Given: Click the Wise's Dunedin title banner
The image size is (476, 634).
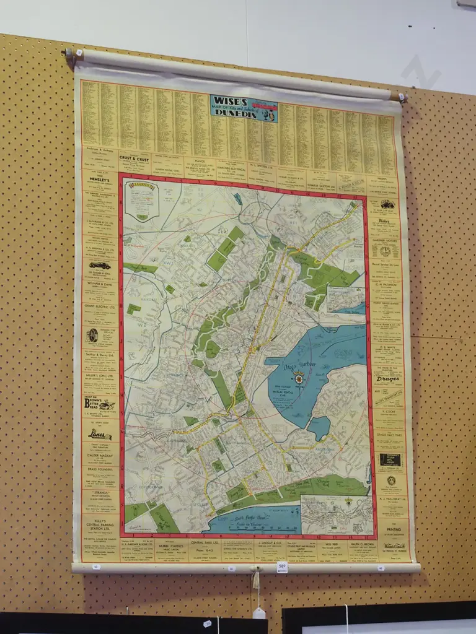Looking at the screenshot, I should coord(244,108).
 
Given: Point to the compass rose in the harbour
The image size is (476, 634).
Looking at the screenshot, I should coord(299,378).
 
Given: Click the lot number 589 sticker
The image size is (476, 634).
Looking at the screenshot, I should coord(282,566).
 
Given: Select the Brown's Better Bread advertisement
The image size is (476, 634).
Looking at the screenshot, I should coord(100,404).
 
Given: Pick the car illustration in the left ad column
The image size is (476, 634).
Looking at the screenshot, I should coord(100,264).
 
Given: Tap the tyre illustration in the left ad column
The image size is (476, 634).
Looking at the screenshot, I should coord(92,335).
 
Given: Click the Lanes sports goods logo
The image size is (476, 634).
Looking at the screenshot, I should coord(100,435).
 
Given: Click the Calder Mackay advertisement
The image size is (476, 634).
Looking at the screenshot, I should coord(99,457).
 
